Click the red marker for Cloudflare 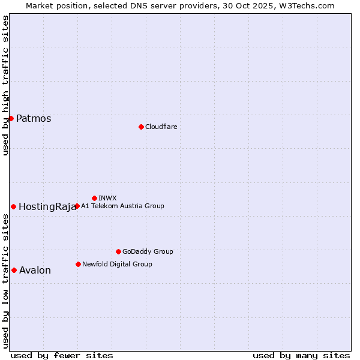pyautogui.click(x=141, y=127)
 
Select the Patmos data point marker pyautogui.click(x=11, y=118)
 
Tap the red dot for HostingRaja pyautogui.click(x=13, y=206)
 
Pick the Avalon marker pyautogui.click(x=14, y=270)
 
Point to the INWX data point pyautogui.click(x=94, y=198)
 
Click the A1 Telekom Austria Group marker pyautogui.click(x=77, y=206)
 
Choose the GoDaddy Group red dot pyautogui.click(x=118, y=251)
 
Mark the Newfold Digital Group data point pyautogui.click(x=78, y=264)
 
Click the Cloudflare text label pyautogui.click(x=161, y=127)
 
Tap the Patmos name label pyautogui.click(x=34, y=118)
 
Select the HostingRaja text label pyautogui.click(x=47, y=206)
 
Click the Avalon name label pyautogui.click(x=35, y=270)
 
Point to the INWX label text pyautogui.click(x=107, y=198)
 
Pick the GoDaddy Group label pyautogui.click(x=148, y=251)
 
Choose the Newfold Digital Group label pyautogui.click(x=117, y=264)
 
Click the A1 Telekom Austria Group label pyautogui.click(x=122, y=206)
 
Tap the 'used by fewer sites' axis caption pyautogui.click(x=62, y=355)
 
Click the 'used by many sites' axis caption pyautogui.click(x=301, y=355)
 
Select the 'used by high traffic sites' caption pyautogui.click(x=5, y=85)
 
